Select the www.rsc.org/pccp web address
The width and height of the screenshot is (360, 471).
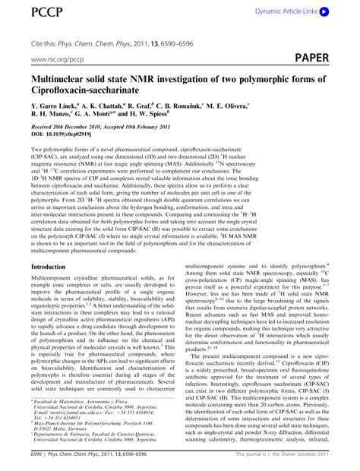click(58, 58)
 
